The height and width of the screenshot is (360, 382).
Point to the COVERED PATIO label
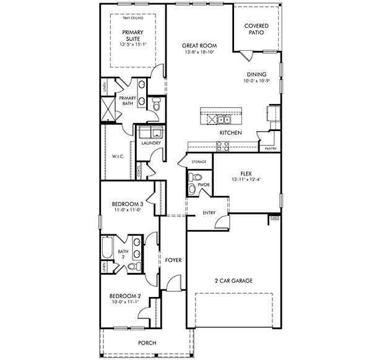(256, 28)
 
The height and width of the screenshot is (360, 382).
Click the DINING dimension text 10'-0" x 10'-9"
(256, 80)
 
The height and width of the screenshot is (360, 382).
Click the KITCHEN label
(230, 133)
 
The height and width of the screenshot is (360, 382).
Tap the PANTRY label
(270, 149)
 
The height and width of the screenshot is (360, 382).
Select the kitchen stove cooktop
(222, 146)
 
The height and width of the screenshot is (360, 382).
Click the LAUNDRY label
(151, 144)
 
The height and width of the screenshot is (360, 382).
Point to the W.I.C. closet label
(118, 156)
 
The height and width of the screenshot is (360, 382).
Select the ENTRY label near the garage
(209, 213)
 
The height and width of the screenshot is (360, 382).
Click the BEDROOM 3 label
(128, 204)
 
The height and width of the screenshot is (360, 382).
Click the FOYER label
(173, 260)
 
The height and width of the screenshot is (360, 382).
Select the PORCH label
(147, 343)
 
